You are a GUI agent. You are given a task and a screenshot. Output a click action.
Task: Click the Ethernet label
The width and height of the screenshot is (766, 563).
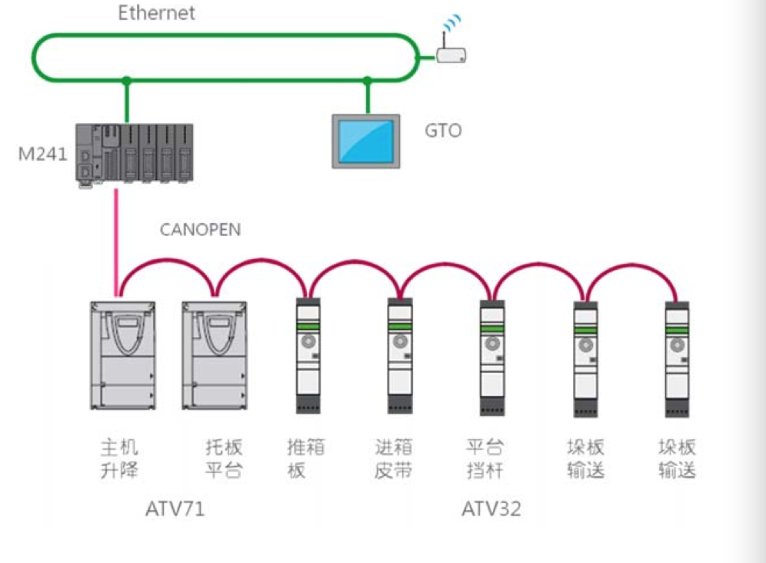coord(156,13)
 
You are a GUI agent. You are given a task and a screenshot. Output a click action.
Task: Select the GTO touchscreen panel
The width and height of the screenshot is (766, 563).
coord(366,142)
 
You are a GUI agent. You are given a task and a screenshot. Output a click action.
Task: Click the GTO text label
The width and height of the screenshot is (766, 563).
coord(443,131)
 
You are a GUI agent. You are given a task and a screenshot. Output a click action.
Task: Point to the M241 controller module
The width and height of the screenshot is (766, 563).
coord(135,155)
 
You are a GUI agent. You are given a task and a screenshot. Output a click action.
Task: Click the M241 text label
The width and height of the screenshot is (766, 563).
coord(42,154)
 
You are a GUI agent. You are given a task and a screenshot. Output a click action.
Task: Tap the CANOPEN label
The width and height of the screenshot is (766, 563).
coord(200,230)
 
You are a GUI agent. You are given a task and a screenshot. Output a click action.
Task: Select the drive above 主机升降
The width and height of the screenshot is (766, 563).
coord(122,355)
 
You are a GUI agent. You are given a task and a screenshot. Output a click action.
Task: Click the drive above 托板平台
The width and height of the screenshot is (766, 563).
coord(215,355)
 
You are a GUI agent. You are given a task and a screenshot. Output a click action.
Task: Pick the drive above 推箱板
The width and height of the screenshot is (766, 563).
coord(308,356)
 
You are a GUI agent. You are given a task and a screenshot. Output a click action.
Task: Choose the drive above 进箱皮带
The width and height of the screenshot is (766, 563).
coord(400,356)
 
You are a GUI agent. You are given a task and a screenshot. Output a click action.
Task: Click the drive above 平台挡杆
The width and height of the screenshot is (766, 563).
coord(492,358)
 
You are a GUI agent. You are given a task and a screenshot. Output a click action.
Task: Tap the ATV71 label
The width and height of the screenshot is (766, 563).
coord(175,509)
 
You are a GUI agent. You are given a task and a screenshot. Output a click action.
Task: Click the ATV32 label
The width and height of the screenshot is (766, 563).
coord(491,509)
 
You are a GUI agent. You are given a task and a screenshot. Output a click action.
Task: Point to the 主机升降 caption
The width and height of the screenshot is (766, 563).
coord(119,459)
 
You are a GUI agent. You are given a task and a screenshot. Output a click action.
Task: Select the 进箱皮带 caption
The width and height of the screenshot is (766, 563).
coord(394,459)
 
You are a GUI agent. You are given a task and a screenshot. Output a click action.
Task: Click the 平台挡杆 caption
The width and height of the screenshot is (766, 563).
coord(485,459)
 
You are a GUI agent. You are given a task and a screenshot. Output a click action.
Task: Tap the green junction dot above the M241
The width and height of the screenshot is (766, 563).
coord(127,80)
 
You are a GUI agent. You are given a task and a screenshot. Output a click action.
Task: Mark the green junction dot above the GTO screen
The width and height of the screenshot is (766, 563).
coord(368,80)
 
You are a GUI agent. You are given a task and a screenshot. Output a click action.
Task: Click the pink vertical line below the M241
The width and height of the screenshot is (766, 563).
coord(116,243)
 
